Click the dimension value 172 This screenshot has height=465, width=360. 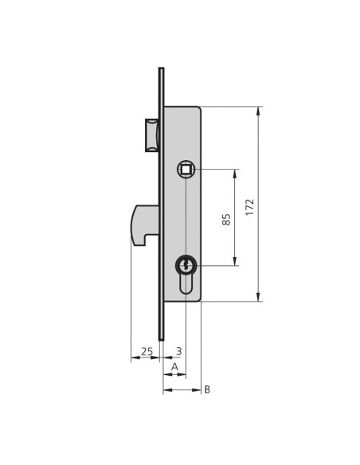pyautogui.click(x=250, y=207)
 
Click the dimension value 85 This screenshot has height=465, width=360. pyautogui.click(x=226, y=220)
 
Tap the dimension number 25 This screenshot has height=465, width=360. pyautogui.click(x=147, y=351)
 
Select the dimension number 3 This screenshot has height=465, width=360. pyautogui.click(x=179, y=351)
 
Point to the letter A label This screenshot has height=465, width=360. pyautogui.click(x=175, y=367)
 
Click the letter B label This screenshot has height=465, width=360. pyautogui.click(x=207, y=389)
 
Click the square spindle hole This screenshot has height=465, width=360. pyautogui.click(x=186, y=170)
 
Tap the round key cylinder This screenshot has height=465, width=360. pyautogui.click(x=186, y=265)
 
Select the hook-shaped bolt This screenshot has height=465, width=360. pyautogui.click(x=145, y=225)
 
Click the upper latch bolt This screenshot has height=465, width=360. pyautogui.click(x=152, y=135)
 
